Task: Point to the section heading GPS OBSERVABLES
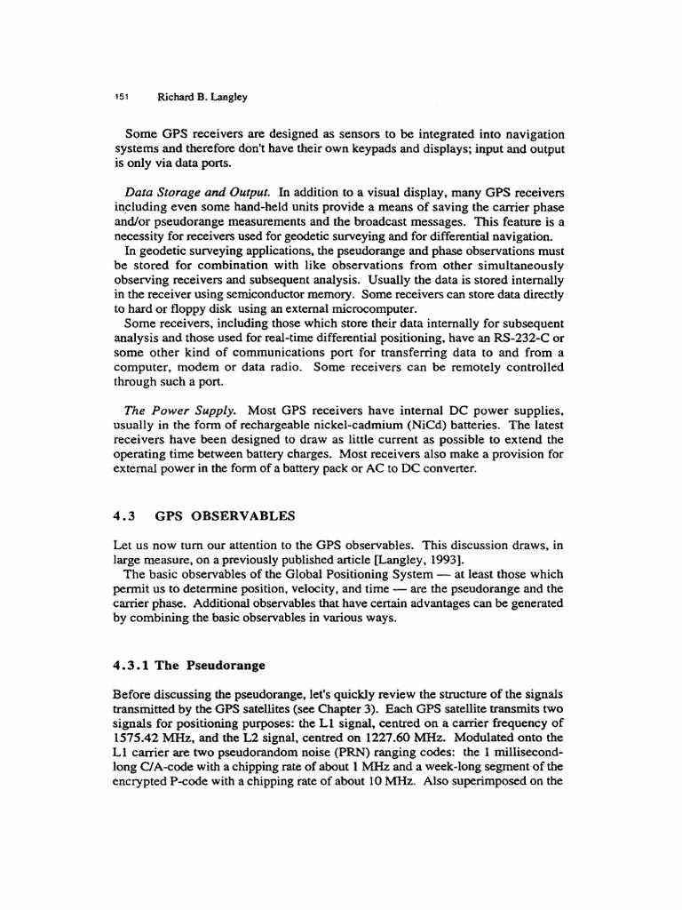tap(226, 515)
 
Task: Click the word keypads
tap(359, 148)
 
